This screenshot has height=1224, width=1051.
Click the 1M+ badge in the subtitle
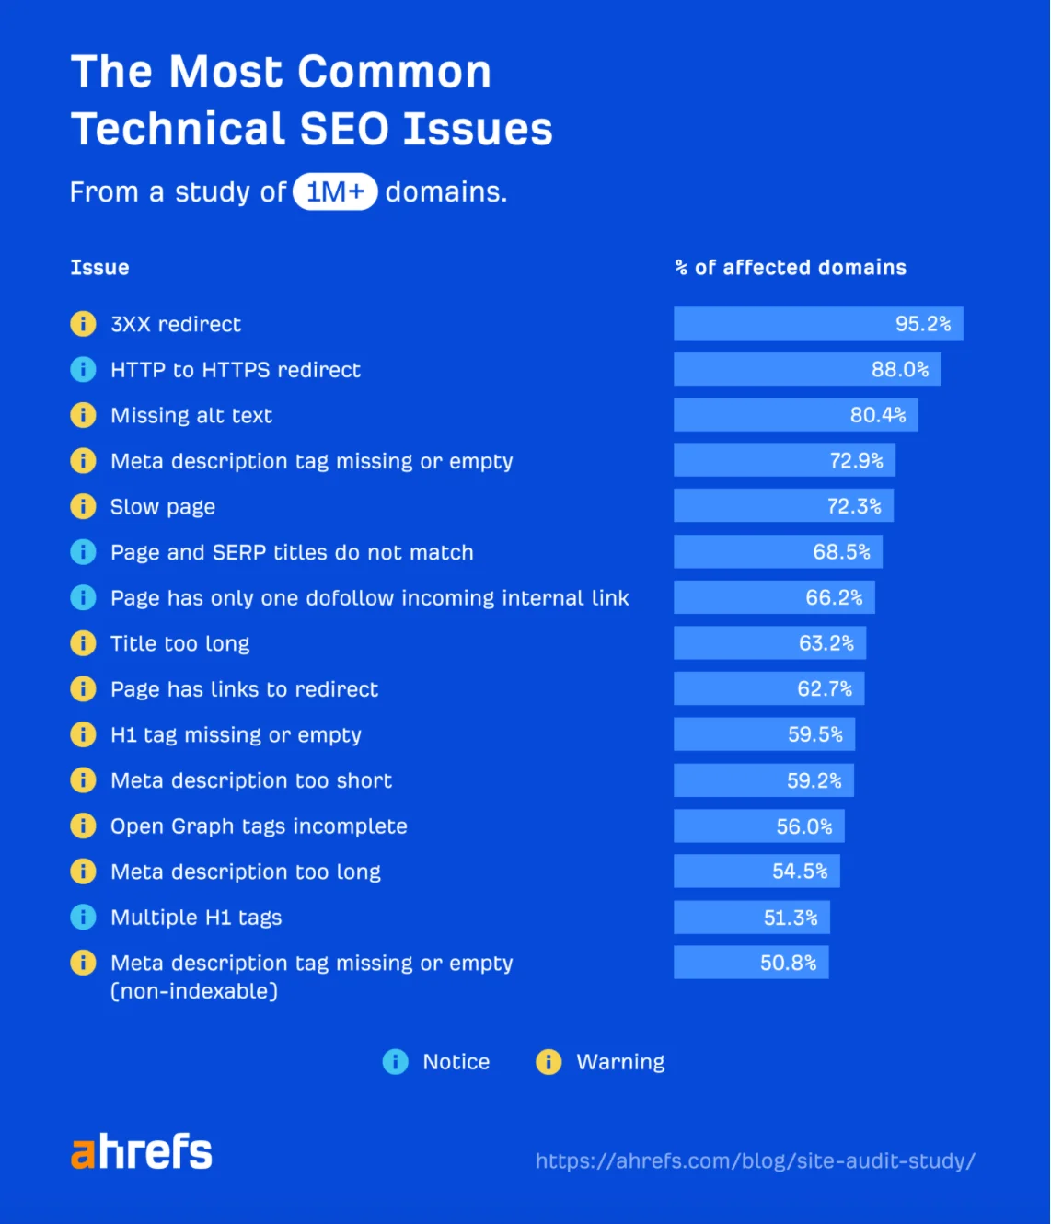click(335, 191)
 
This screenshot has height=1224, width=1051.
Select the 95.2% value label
click(922, 324)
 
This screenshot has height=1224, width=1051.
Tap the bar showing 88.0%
click(806, 369)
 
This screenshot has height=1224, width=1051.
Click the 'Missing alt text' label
click(191, 415)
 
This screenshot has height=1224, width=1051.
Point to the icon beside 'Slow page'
click(83, 506)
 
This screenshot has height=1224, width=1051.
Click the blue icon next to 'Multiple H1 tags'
click(83, 917)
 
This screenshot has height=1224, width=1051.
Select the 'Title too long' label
click(180, 643)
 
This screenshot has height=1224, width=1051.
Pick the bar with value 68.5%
click(778, 552)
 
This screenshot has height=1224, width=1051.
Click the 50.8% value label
click(788, 963)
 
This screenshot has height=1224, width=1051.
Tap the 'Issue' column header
click(99, 268)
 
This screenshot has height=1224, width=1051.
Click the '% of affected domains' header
click(791, 268)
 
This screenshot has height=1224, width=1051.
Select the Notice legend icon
click(395, 1062)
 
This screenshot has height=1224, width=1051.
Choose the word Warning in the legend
click(620, 1062)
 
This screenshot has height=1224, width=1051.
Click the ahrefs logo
click(142, 1151)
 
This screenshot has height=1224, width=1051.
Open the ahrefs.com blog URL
click(755, 1161)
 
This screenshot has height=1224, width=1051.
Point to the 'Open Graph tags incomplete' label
click(259, 826)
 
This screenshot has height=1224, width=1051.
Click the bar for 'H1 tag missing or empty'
click(764, 734)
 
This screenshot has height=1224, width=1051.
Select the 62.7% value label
click(825, 688)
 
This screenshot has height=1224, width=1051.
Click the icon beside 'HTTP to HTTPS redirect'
click(83, 369)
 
